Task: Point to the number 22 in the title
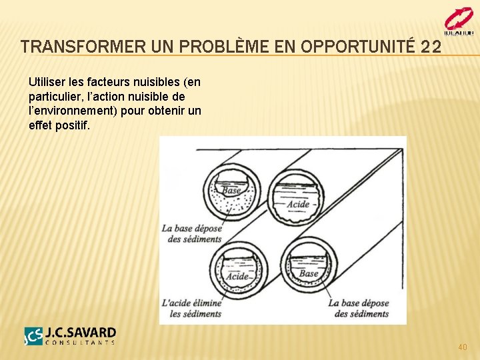pyautogui.click(x=431, y=47)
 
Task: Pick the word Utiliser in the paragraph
pyautogui.click(x=48, y=83)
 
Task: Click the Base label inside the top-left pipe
pyautogui.click(x=231, y=191)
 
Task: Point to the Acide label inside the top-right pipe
pyautogui.click(x=297, y=204)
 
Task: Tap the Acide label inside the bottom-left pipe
pyautogui.click(x=237, y=276)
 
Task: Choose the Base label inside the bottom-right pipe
pyautogui.click(x=309, y=273)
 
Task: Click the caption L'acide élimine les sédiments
pyautogui.click(x=191, y=308)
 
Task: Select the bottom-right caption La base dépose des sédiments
pyautogui.click(x=358, y=308)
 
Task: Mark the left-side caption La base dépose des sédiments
pyautogui.click(x=191, y=234)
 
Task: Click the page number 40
pyautogui.click(x=463, y=347)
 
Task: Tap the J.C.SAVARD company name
pyautogui.click(x=80, y=333)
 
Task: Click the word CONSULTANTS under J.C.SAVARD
pyautogui.click(x=80, y=343)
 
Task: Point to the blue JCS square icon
pyautogui.click(x=33, y=336)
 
